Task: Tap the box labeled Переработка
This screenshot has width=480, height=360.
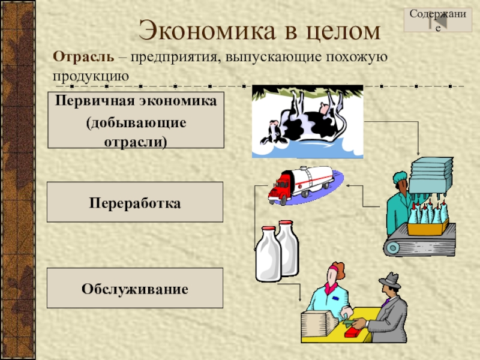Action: pyautogui.click(x=135, y=203)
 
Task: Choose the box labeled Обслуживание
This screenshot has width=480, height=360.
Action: pyautogui.click(x=135, y=289)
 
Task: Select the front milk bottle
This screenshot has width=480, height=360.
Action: pyautogui.click(x=266, y=254)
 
